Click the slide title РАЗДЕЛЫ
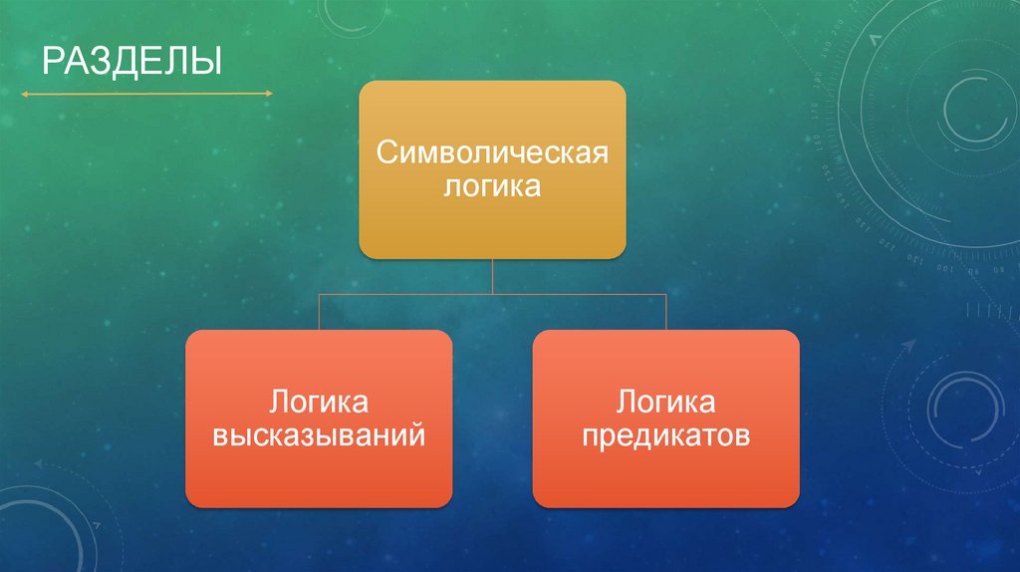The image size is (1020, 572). tap(130, 61)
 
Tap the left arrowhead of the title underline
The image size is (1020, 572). tap(23, 94)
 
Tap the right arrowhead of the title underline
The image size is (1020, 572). tap(268, 94)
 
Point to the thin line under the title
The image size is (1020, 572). tap(145, 94)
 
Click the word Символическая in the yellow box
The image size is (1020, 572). tap(492, 154)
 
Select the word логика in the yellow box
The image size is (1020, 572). tap(492, 186)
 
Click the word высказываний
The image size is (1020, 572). tap(319, 435)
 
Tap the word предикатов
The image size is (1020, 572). tap(665, 435)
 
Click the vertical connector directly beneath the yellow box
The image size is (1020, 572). tap(492, 275)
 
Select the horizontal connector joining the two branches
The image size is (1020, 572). tap(492, 293)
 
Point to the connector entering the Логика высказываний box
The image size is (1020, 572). tap(319, 312)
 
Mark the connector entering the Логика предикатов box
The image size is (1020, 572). tap(665, 312)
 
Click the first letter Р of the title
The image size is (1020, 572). tap(50, 61)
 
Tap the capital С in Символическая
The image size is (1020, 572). tap(384, 154)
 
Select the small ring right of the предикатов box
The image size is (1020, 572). tap(961, 408)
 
